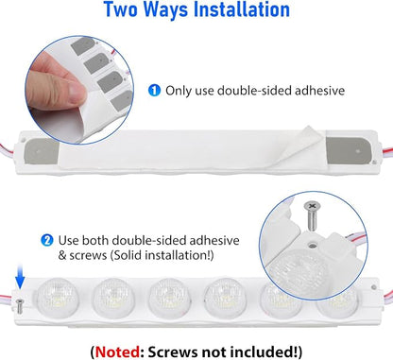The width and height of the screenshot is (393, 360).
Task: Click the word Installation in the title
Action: pyautogui.click(x=241, y=9)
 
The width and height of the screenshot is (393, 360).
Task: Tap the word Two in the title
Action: pyautogui.click(x=121, y=9)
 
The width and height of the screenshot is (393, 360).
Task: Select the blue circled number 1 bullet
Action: pyautogui.click(x=154, y=91)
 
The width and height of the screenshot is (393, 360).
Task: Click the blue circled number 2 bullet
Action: pyautogui.click(x=47, y=241)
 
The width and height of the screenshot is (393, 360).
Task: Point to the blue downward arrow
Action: pyautogui.click(x=20, y=276)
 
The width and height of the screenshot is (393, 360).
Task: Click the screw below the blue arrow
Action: pyautogui.click(x=20, y=306)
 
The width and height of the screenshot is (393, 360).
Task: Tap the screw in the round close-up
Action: pyautogui.click(x=311, y=215)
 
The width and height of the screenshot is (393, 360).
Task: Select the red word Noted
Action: pyautogui.click(x=117, y=351)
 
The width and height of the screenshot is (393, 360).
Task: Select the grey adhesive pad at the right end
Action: pyautogui.click(x=348, y=151)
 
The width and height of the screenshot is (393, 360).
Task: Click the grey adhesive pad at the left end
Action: pyautogui.click(x=42, y=152)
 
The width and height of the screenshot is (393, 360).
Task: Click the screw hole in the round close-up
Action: pyautogui.click(x=313, y=245)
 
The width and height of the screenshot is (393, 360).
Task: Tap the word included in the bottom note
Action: pyautogui.click(x=260, y=351)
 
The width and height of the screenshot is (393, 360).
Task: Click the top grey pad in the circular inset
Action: pyautogui.click(x=82, y=46)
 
